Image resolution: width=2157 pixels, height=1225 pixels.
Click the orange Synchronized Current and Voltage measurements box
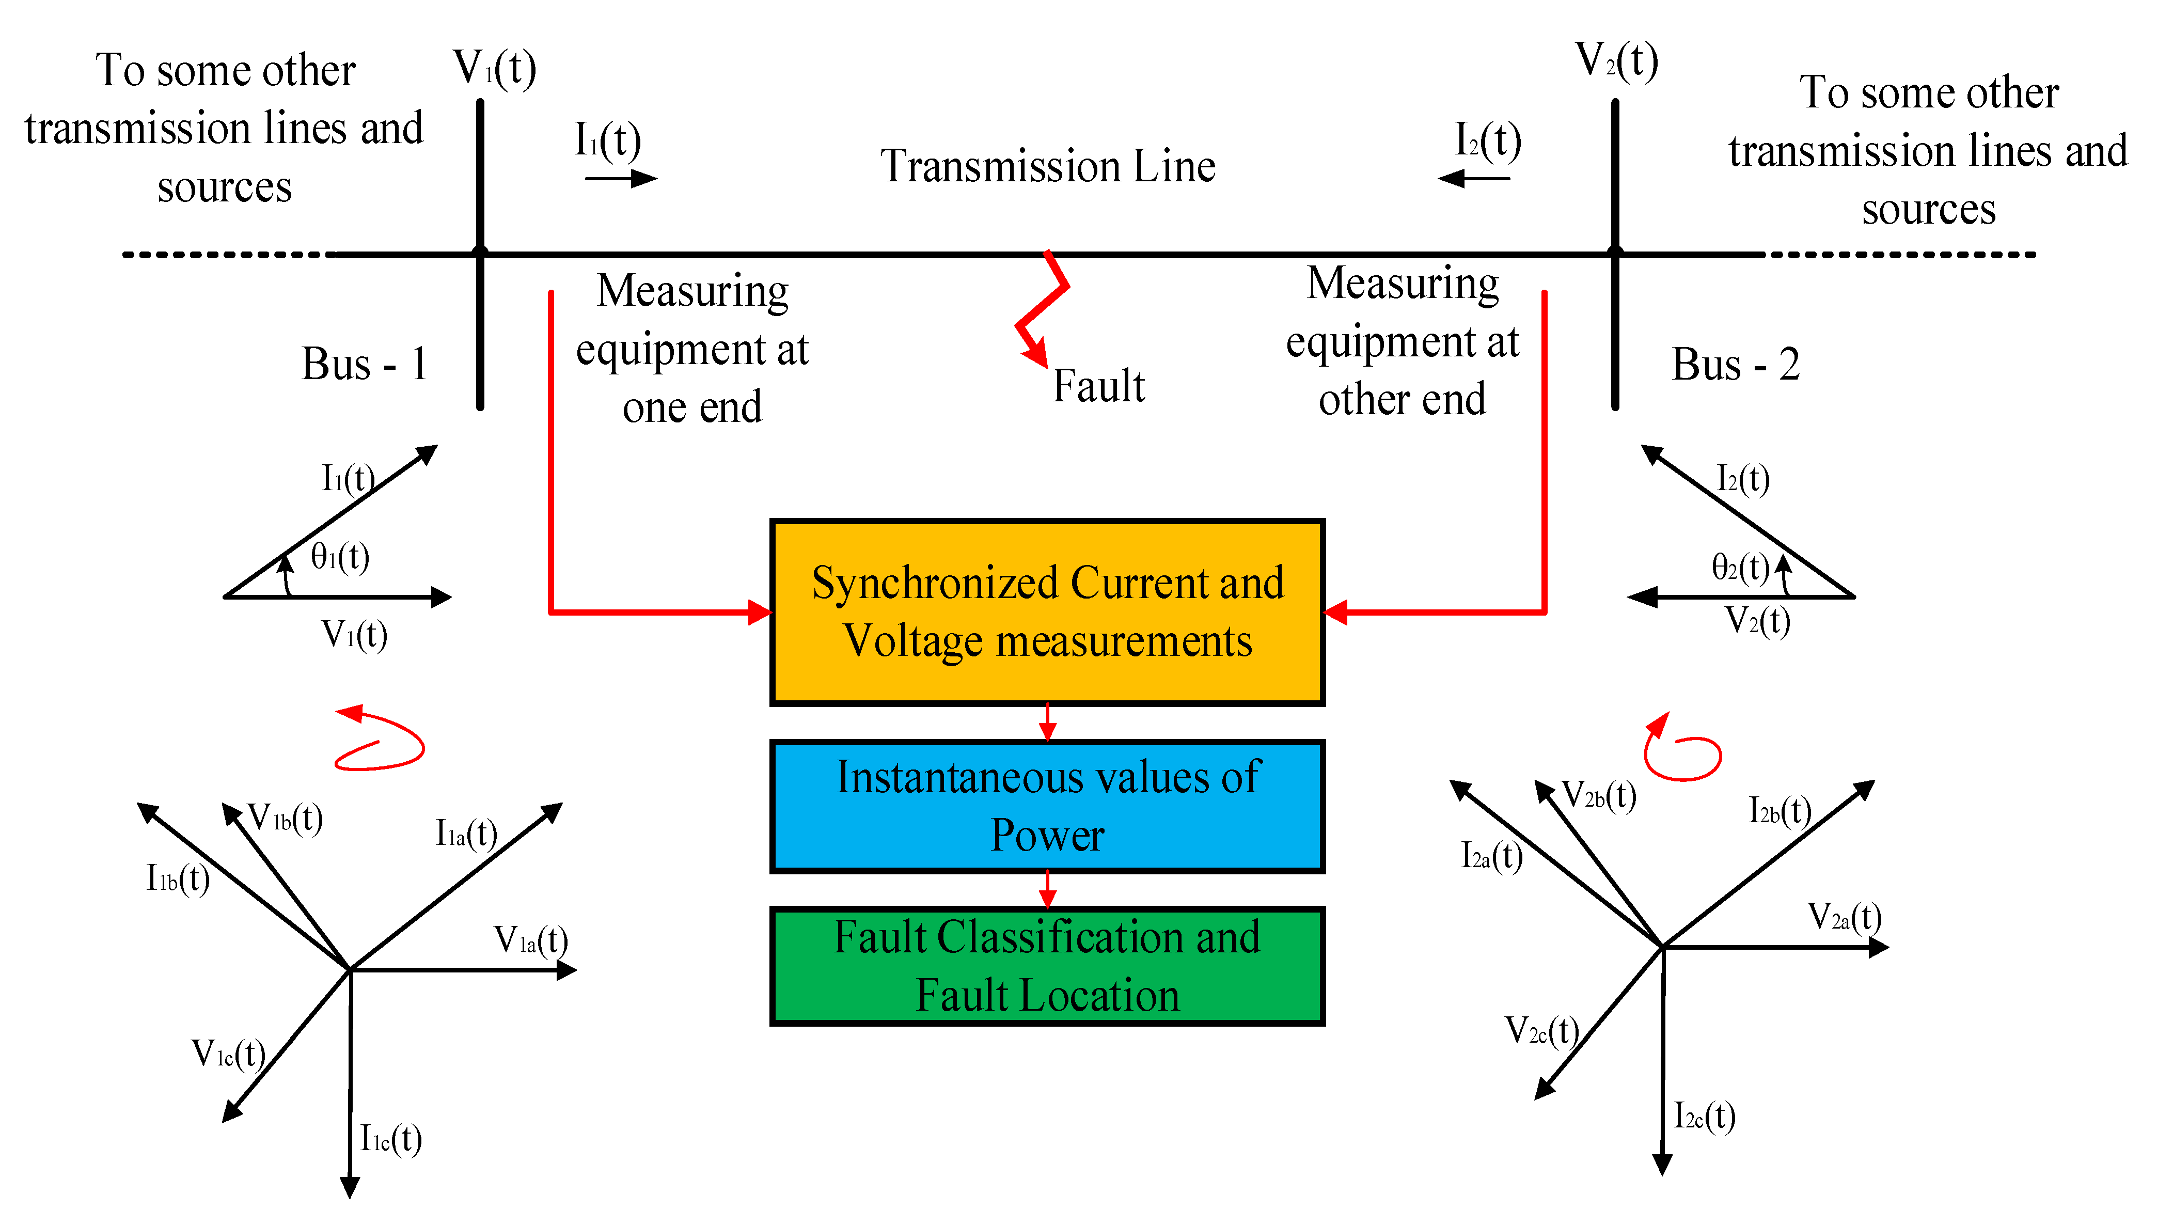coord(1047,611)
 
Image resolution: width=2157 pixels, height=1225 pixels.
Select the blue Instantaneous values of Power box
coord(1047,806)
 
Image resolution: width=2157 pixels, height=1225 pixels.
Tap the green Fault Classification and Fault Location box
coord(1047,966)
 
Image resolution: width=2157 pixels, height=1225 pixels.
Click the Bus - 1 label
coord(364,364)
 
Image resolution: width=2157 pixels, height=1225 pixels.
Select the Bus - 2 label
coord(1735,364)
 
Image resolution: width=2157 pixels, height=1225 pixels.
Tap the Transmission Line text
coord(1047,166)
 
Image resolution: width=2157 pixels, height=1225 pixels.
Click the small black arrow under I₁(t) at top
coord(621,178)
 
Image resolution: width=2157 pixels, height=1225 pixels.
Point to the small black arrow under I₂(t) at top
coord(1474,178)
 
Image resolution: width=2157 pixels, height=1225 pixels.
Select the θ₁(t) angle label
coord(340,556)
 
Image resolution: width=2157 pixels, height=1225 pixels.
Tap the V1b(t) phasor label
coord(285,818)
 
